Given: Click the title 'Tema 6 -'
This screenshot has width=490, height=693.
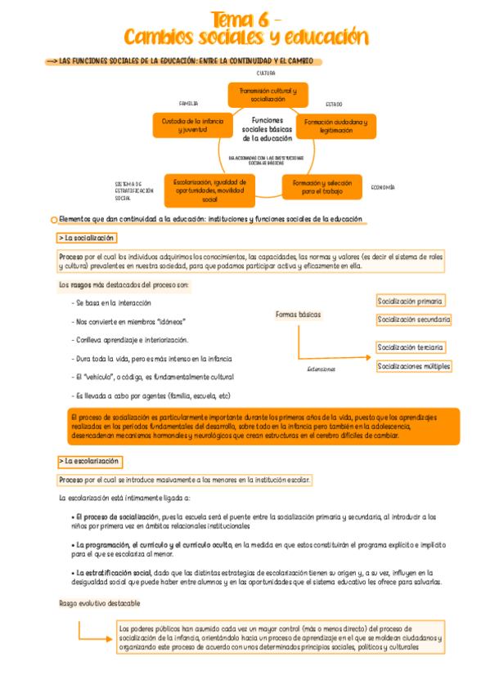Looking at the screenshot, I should (246, 18).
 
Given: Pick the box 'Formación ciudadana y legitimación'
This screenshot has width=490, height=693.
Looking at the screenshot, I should (335, 126).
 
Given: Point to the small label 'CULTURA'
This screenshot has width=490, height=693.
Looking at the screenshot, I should (267, 74).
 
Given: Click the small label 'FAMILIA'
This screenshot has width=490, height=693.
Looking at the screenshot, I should (188, 104).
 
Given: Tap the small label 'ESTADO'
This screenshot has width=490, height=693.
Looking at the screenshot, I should (333, 105).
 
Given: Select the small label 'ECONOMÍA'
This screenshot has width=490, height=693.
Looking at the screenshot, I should (383, 188).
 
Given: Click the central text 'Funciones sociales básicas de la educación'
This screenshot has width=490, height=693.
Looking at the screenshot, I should (267, 129).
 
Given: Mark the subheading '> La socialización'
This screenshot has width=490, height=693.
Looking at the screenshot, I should (87, 238).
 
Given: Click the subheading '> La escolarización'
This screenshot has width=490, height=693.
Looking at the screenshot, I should (89, 461).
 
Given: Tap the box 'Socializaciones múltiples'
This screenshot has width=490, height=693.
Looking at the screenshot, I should (414, 366).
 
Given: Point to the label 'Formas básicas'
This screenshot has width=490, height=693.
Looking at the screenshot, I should (299, 315).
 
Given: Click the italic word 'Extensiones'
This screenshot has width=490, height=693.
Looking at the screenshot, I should (321, 369).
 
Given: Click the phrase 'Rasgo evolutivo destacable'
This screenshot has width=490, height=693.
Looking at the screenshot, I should (99, 603).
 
